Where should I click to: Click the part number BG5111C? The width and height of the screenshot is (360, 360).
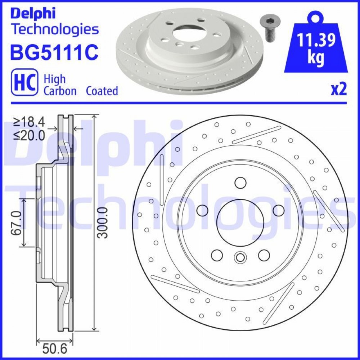click(x=54, y=52)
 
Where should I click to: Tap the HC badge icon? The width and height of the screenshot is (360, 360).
click(x=24, y=82)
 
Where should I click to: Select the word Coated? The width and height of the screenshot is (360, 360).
click(x=102, y=91)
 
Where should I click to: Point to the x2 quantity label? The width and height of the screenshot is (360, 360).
click(x=339, y=89)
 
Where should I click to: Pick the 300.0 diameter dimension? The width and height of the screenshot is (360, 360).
click(x=102, y=223)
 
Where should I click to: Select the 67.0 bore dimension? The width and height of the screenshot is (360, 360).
click(x=16, y=223)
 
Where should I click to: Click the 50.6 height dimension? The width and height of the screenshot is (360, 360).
click(x=54, y=349)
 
